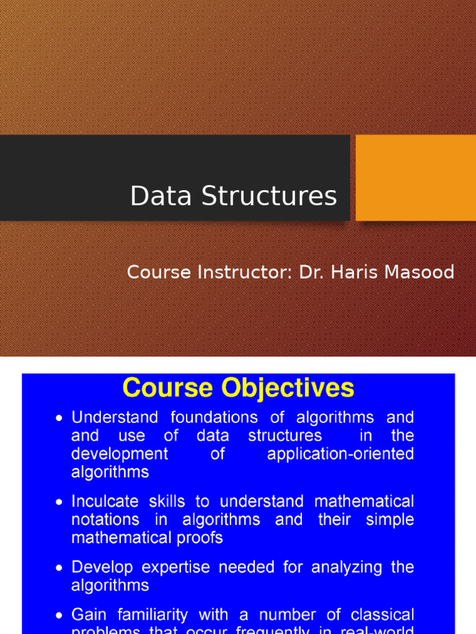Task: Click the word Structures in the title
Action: tap(269, 196)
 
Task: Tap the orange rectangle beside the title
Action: tap(415, 178)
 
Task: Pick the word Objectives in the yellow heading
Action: tap(288, 388)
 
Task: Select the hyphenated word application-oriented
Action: tap(340, 454)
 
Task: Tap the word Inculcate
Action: tap(106, 501)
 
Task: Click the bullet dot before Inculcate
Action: tap(59, 502)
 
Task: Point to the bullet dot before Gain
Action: tap(59, 615)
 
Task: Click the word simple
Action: tap(390, 519)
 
